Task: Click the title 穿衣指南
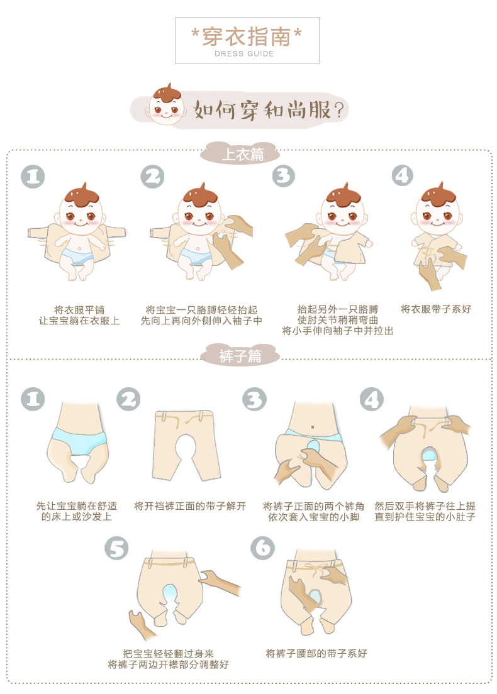tap(247, 36)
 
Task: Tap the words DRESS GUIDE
tap(244, 54)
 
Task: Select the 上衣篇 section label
tap(243, 154)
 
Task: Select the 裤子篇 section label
tap(240, 355)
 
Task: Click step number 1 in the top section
tap(33, 177)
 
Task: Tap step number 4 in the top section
tap(402, 176)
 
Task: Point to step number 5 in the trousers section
tap(116, 548)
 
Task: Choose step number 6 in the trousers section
tap(262, 548)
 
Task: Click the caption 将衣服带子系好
tap(436, 309)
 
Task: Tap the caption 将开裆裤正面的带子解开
tap(189, 506)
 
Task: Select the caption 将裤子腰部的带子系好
tap(316, 653)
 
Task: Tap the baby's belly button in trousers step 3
tap(312, 427)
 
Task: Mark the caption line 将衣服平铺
tap(79, 310)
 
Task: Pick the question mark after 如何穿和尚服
tap(339, 110)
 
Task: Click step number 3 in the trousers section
tap(254, 399)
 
